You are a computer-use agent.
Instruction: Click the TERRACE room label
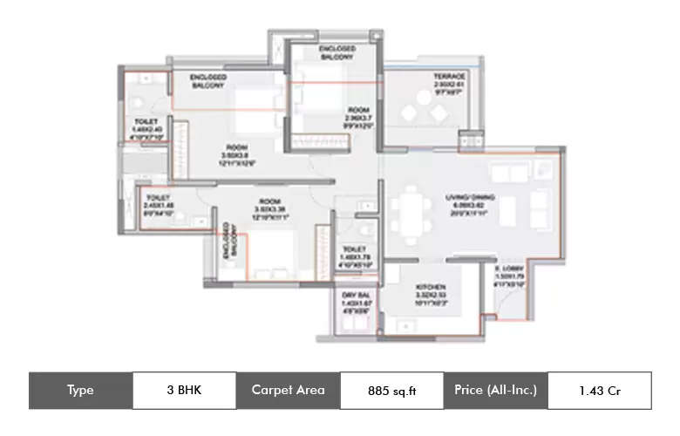coord(450,81)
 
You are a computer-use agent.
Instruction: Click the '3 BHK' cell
coord(184,390)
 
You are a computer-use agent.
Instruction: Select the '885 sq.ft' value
coord(392,391)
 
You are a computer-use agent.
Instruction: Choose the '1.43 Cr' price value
coord(600,391)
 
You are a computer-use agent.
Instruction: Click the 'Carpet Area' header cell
coord(288,390)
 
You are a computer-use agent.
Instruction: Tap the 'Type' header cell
coord(80,390)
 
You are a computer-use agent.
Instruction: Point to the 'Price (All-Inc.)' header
coord(495,390)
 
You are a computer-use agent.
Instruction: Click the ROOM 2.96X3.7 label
coord(358,117)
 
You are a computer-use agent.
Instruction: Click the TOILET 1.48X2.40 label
coord(146,127)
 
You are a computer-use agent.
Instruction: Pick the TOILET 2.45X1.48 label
coord(159,205)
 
